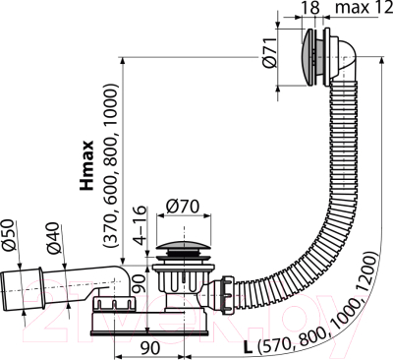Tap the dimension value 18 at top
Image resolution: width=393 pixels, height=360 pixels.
pyautogui.click(x=311, y=10)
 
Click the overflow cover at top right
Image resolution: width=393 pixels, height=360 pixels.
pyautogui.click(x=311, y=55)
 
